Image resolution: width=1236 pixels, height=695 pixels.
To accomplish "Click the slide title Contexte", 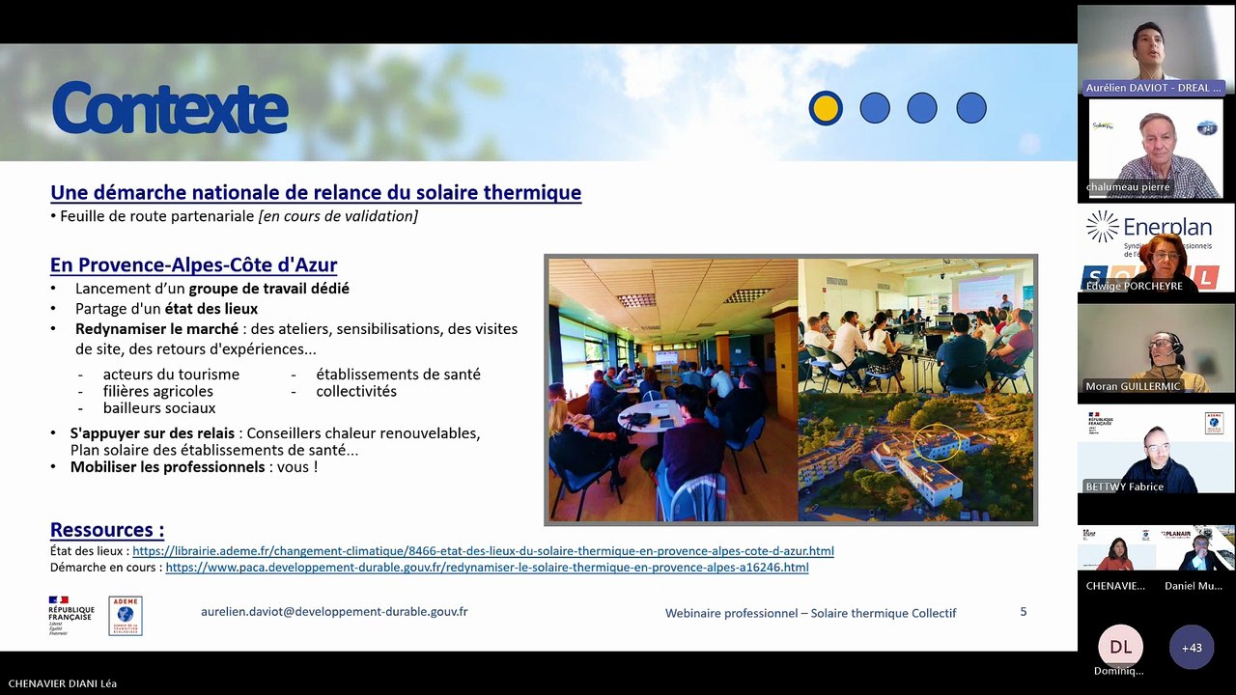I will point(170,108).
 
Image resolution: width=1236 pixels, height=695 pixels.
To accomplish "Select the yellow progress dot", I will point(826,108).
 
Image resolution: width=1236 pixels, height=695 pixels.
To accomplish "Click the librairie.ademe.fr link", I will point(483,551).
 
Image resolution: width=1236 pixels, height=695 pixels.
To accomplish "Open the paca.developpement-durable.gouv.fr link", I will point(487,568).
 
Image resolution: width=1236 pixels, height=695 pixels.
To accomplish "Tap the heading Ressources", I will point(107,530).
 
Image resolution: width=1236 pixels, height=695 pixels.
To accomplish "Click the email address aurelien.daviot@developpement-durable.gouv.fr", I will point(334,612).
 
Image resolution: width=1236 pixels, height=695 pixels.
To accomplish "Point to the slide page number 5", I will point(1024,612).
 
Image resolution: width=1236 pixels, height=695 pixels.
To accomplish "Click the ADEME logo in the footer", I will point(126,616).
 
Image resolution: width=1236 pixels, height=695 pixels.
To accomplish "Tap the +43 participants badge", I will point(1192,648).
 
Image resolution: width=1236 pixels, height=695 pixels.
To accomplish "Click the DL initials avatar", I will point(1120,647).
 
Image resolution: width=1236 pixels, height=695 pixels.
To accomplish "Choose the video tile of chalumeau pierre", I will point(1156,153).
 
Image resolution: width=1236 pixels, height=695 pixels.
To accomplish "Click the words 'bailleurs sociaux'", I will point(159,408).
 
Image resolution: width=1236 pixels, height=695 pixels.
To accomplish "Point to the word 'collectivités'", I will point(356,392).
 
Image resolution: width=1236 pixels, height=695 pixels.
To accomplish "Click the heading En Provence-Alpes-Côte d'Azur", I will point(193,264).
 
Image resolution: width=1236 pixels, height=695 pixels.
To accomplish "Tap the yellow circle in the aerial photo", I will point(939,443).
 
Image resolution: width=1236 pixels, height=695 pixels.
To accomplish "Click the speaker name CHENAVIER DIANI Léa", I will point(63,683).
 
